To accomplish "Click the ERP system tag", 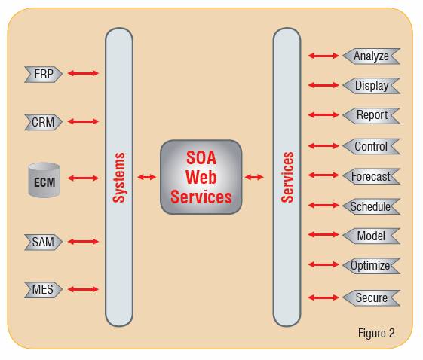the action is click(44, 74).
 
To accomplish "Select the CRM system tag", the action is click(44, 122).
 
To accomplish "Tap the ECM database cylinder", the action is click(44, 180).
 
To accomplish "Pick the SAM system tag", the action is click(44, 242).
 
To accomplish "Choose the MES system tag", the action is click(44, 290).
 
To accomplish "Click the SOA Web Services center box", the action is click(201, 177).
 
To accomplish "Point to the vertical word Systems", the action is click(119, 177).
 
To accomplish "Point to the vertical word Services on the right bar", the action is click(287, 177).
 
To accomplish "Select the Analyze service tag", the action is click(371, 56).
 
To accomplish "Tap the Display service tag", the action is click(371, 86).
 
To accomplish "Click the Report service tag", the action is click(371, 115).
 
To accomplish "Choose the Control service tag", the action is click(371, 146).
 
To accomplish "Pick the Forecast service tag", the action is click(371, 176).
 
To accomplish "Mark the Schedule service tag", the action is click(371, 206).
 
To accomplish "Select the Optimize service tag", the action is click(371, 266).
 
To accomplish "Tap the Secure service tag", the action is click(371, 298).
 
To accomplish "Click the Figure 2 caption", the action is click(376, 333).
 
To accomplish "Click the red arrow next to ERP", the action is click(83, 73).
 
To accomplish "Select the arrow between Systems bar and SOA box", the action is click(147, 177).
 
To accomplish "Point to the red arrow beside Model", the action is click(323, 235).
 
